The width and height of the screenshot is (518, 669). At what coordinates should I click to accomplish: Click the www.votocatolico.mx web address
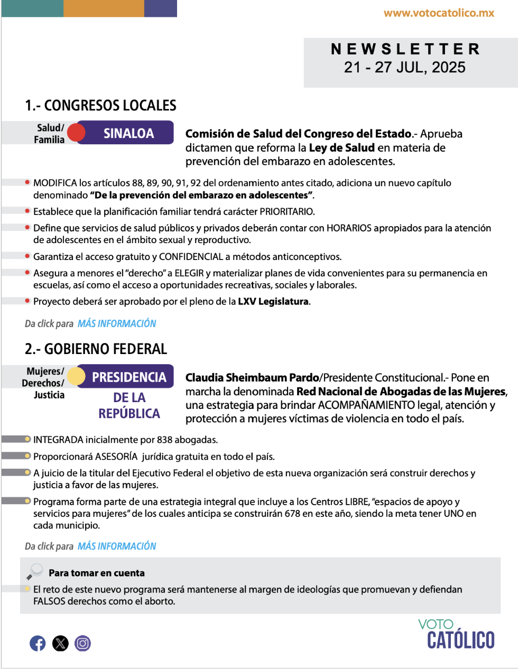tap(439, 13)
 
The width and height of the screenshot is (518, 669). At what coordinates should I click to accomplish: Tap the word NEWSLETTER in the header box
tap(405, 49)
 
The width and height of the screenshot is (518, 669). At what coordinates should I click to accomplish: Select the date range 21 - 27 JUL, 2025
tap(405, 68)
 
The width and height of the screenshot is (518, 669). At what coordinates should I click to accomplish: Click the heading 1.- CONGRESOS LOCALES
tap(100, 105)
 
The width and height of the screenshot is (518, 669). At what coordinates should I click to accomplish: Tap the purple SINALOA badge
tap(128, 133)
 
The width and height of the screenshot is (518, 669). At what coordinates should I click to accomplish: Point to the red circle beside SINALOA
tap(77, 133)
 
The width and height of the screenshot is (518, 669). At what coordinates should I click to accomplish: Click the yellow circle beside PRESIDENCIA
tap(77, 376)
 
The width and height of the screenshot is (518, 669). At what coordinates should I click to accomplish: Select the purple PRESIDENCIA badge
tap(129, 377)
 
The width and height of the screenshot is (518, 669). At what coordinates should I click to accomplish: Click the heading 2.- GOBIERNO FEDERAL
tap(96, 349)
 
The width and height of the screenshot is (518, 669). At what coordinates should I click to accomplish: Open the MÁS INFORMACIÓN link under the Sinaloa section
tap(117, 323)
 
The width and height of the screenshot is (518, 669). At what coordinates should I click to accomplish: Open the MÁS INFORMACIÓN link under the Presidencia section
tap(117, 546)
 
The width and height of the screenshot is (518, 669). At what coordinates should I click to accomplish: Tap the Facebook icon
tap(38, 643)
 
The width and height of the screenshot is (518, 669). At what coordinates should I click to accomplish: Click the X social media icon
tap(60, 643)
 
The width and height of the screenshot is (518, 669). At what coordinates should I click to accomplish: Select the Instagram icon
tap(82, 643)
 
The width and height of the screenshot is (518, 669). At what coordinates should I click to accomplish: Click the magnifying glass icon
tap(35, 571)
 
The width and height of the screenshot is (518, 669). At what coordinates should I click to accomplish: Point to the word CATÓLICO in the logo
tap(460, 640)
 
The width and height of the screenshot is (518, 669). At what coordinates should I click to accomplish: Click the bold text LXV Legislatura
tap(273, 302)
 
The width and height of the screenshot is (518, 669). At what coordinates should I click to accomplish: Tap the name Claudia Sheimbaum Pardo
tap(252, 378)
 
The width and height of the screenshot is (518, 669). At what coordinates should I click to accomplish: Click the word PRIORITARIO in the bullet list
tap(286, 211)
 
